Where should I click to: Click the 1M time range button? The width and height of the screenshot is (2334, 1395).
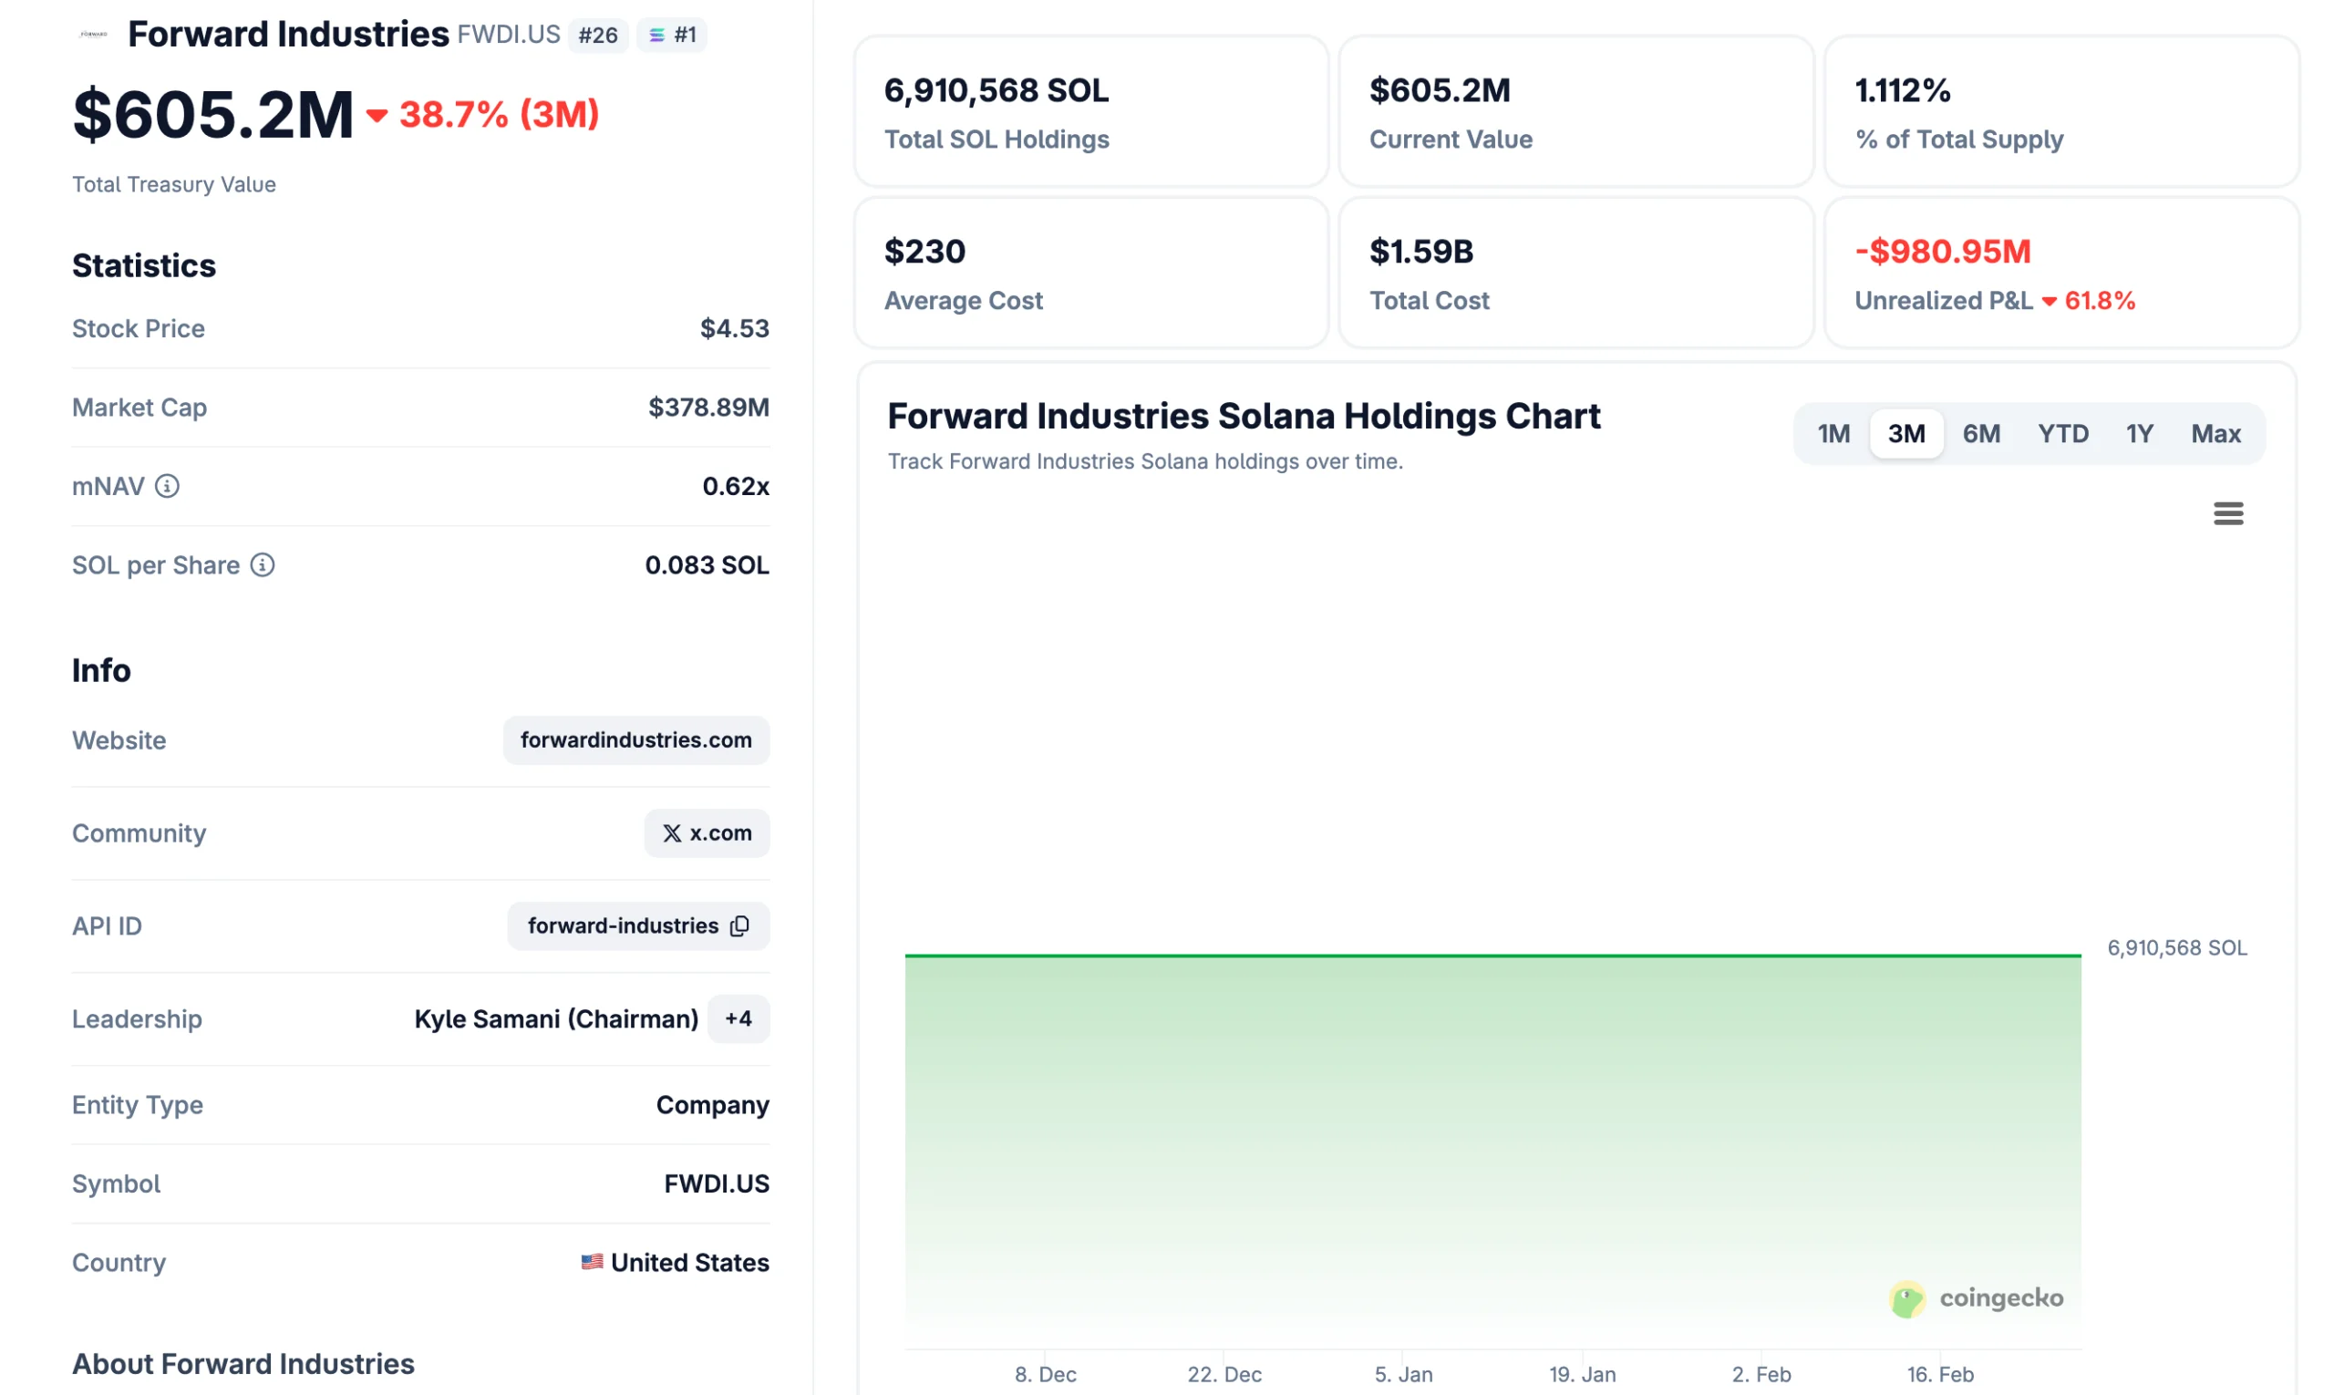(x=1832, y=434)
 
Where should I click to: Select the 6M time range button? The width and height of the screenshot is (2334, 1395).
(x=1980, y=434)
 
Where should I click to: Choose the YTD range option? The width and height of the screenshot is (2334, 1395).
(x=2062, y=434)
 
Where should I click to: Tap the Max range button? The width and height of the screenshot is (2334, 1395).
(x=2215, y=434)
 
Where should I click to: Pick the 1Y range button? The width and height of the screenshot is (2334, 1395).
(x=2139, y=434)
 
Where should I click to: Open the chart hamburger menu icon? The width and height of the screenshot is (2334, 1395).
(x=2226, y=513)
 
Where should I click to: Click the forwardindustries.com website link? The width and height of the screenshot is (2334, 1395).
(x=635, y=740)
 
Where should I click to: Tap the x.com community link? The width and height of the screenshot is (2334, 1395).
(x=706, y=833)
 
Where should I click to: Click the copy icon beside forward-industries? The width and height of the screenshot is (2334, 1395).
(x=739, y=926)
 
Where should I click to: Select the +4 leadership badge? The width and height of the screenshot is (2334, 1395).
(x=738, y=1019)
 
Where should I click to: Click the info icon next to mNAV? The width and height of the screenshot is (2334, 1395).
(x=168, y=486)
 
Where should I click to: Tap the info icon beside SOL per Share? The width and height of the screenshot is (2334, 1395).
(x=263, y=565)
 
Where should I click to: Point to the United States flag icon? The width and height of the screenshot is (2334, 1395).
(x=592, y=1263)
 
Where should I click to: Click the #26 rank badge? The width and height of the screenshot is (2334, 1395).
(x=598, y=36)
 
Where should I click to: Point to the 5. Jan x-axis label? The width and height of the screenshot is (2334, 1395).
(x=1403, y=1374)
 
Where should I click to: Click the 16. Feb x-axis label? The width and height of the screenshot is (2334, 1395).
(x=1939, y=1374)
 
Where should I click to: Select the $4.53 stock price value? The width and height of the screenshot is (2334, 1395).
(x=734, y=328)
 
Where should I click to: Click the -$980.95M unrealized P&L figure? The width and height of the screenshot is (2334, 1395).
(x=1942, y=252)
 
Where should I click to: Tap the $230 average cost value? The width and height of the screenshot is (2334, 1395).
(x=924, y=252)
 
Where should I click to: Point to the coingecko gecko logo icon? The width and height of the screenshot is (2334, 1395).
(x=1906, y=1300)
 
